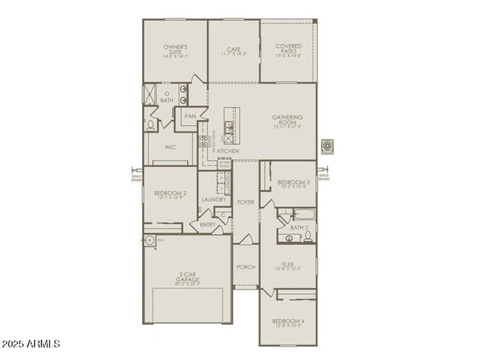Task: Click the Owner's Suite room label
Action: point(175,48)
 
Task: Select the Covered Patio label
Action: point(288,47)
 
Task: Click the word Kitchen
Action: point(228,151)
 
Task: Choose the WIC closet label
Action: point(171,148)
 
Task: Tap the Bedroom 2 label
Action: point(166,193)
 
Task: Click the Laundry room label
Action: point(214,199)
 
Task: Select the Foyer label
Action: point(246,202)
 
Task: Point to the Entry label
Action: point(207,224)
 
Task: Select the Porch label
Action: point(246,267)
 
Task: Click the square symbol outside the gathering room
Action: point(328,146)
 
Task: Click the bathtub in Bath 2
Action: point(303,215)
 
